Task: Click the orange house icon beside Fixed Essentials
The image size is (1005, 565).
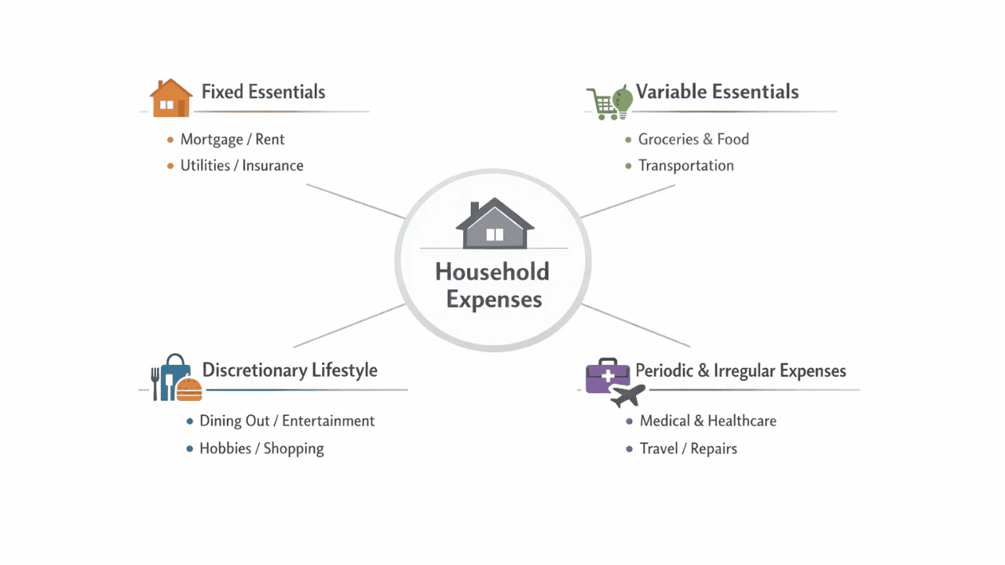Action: [170, 98]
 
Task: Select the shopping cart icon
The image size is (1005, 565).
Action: [601, 104]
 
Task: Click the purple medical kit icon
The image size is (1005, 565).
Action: [607, 375]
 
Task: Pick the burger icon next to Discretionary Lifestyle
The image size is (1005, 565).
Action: [189, 390]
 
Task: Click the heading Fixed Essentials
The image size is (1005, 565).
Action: [263, 92]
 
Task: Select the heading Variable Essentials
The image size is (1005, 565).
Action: [717, 92]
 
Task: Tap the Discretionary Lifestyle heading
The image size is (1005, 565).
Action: [290, 370]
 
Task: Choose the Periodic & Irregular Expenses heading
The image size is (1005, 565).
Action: [740, 370]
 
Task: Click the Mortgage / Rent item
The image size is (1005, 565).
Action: [232, 140]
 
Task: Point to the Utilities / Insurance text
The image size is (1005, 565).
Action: [242, 166]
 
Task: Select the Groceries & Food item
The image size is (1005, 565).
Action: [693, 140]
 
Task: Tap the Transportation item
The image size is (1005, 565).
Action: [686, 166]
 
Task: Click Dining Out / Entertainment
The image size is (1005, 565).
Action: [287, 421]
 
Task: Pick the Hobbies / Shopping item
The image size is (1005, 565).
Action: [261, 449]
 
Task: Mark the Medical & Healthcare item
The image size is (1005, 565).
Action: [708, 421]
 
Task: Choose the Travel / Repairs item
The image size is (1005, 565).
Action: [689, 449]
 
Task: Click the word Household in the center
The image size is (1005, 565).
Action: [492, 272]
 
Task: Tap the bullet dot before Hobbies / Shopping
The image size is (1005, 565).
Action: [189, 449]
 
